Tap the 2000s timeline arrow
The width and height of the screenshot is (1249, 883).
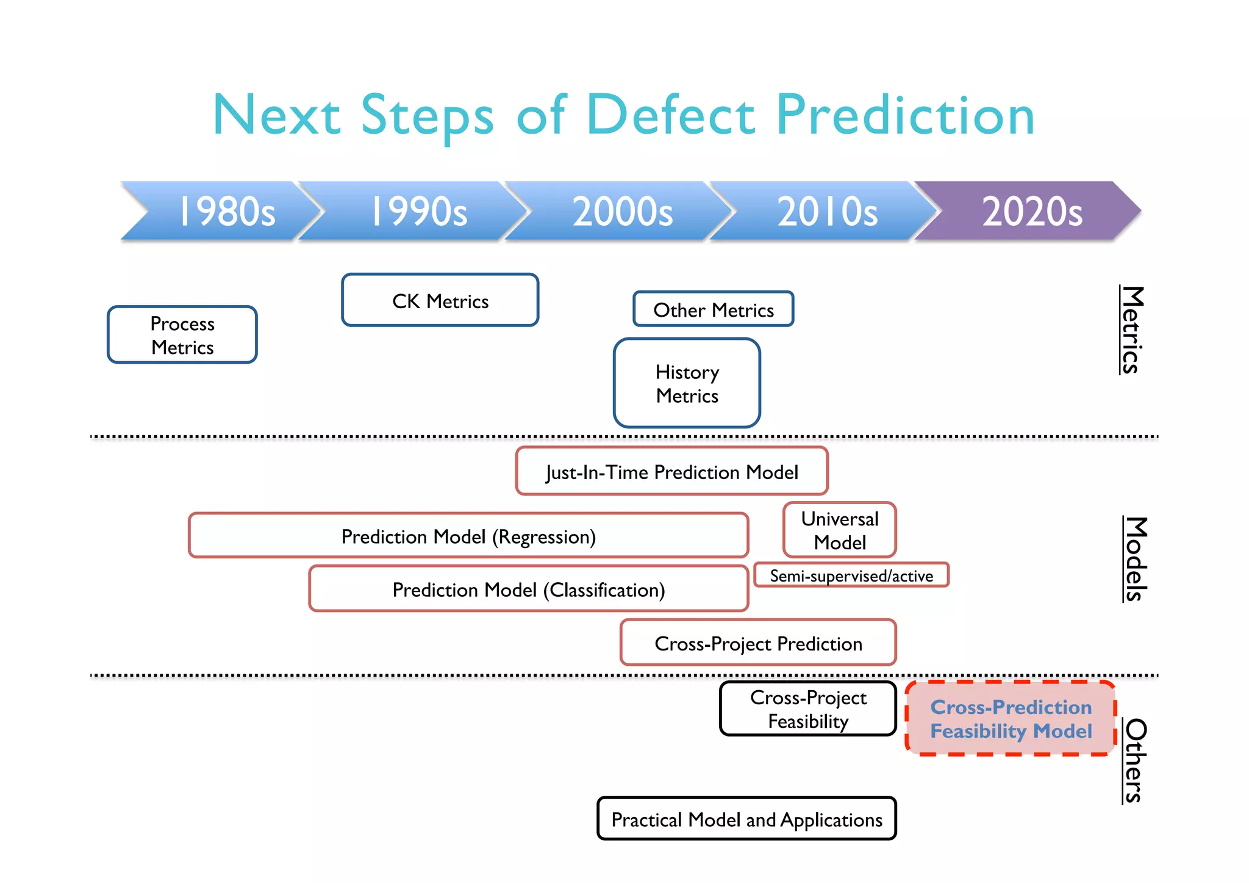click(622, 211)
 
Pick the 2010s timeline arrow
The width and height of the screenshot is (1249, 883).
click(826, 211)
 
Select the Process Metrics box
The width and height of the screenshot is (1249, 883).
click(182, 335)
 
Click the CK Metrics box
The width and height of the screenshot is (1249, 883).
click(440, 300)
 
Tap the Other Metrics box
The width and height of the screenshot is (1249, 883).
click(713, 309)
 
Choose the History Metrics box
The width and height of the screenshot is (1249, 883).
click(687, 383)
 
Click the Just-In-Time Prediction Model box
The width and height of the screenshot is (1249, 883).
click(671, 471)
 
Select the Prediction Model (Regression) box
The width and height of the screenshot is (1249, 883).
click(468, 536)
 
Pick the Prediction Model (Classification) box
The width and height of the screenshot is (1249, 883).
click(528, 589)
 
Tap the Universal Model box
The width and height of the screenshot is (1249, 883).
click(839, 530)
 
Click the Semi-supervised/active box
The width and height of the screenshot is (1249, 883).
click(851, 575)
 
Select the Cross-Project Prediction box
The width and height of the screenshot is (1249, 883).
click(757, 643)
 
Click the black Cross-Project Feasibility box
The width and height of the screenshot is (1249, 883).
click(807, 708)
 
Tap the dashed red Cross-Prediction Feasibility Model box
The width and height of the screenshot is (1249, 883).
click(1010, 718)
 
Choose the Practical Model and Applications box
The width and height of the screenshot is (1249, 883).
click(746, 819)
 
